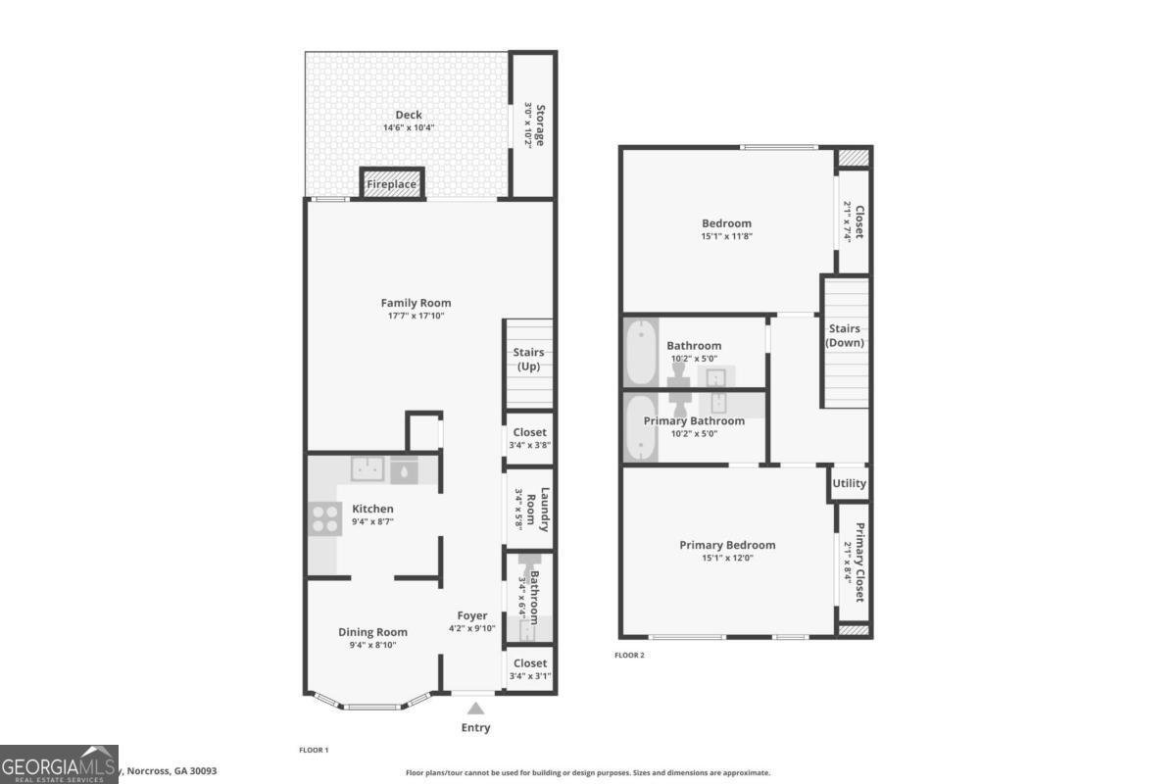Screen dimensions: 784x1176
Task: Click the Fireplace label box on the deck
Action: coord(392,184)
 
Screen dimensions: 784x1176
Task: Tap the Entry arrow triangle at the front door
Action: coord(475,709)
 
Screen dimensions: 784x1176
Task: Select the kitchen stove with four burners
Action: coord(322,517)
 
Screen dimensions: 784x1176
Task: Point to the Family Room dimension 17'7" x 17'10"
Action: coord(416,316)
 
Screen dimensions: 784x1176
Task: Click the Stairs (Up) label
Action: coord(528,360)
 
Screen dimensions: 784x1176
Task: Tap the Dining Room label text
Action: coord(372,632)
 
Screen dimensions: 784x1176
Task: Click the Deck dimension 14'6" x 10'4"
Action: coord(409,128)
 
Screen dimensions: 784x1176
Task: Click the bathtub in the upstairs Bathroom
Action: coord(640,353)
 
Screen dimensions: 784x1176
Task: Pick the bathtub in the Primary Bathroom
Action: coord(640,427)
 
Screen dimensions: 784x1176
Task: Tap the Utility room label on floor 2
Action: coord(849,483)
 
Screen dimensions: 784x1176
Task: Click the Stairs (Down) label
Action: coord(845,335)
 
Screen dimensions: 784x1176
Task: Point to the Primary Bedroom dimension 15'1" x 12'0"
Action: coord(727,559)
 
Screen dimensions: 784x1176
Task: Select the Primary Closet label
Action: coord(859,563)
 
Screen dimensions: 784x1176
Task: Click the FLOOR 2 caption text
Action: coord(629,655)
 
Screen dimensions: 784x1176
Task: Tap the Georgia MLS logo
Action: coord(59,764)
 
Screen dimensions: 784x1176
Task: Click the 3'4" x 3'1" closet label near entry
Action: coord(530,675)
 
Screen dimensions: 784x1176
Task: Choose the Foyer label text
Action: coord(472,615)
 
